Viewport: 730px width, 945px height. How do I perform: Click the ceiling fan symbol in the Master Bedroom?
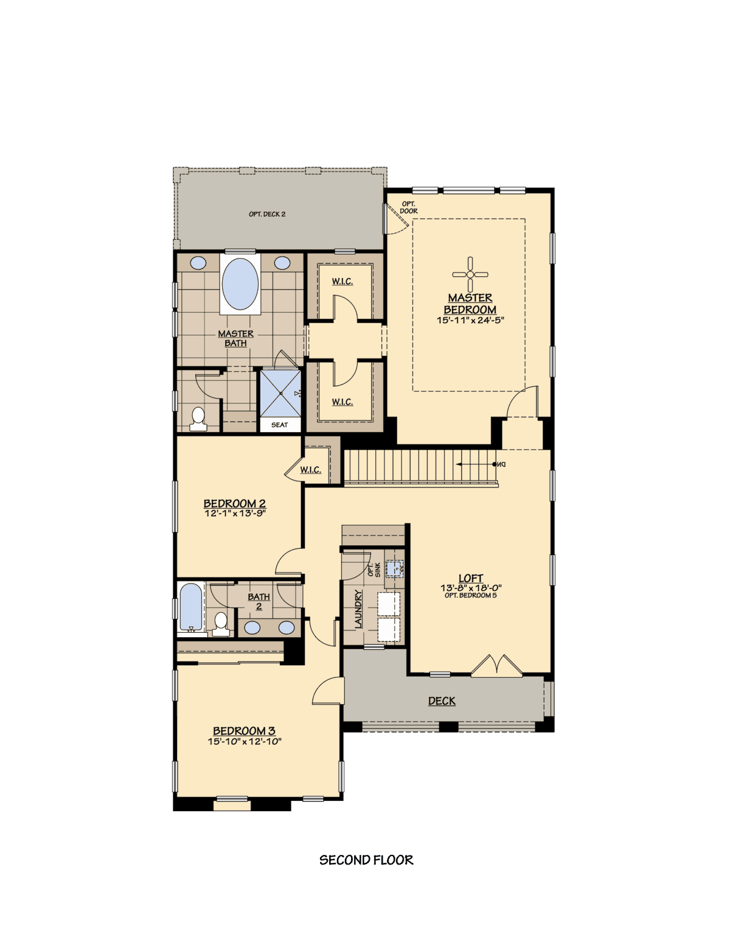tap(470, 274)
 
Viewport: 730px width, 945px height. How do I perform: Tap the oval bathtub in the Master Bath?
tap(240, 284)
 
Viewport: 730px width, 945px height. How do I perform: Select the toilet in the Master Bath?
tap(198, 419)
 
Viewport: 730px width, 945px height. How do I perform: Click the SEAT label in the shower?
tap(280, 425)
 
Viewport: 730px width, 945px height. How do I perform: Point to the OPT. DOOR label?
tap(409, 207)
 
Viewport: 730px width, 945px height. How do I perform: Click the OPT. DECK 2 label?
tap(267, 214)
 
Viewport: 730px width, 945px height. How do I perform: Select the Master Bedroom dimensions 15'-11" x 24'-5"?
tap(470, 320)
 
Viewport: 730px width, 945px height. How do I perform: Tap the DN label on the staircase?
tap(500, 464)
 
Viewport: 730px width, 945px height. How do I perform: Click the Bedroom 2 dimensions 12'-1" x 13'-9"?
tap(235, 514)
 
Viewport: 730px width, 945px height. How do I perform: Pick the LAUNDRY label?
tap(358, 608)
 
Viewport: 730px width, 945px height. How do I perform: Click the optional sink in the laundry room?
tap(395, 569)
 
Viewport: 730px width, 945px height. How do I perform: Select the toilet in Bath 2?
tap(221, 624)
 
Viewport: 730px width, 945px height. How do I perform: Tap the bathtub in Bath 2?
tap(191, 607)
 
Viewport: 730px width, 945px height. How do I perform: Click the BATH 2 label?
tap(259, 601)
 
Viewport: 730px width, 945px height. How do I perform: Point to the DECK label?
tap(442, 701)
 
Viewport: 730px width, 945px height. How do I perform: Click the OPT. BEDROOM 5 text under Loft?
tap(470, 595)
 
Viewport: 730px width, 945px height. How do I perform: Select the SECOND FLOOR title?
tap(366, 860)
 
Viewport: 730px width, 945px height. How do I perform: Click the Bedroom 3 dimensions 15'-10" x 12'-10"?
tap(245, 741)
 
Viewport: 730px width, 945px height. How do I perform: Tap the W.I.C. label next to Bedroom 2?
tap(310, 470)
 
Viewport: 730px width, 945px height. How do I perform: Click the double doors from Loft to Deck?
tap(497, 666)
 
